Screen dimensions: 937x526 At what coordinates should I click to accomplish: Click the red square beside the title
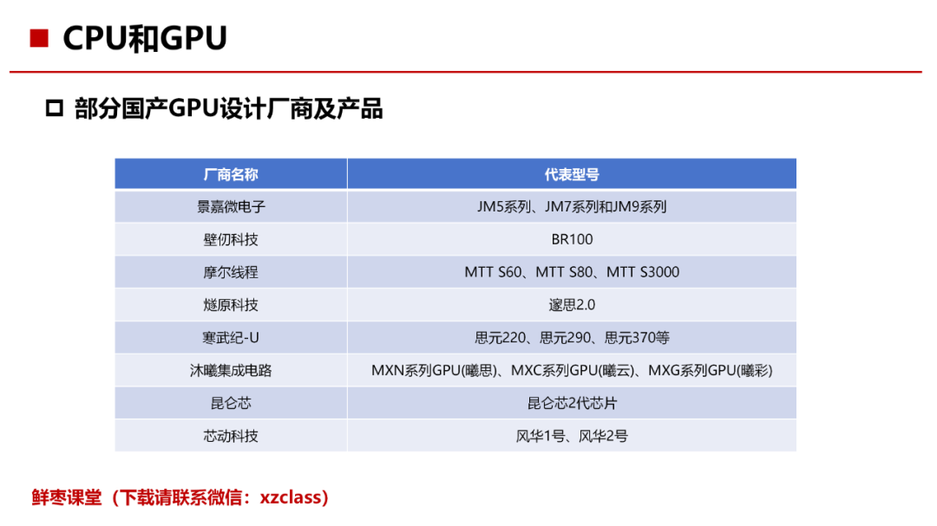pos(39,38)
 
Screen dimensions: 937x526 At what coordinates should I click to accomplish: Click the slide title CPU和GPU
pos(145,38)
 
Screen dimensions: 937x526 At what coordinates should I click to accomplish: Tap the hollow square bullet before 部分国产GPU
pos(55,108)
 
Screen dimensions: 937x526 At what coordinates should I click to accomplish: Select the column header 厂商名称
pos(231,174)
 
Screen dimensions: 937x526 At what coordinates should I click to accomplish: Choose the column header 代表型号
pos(572,174)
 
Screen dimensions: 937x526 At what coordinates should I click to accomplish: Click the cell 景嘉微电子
pos(231,206)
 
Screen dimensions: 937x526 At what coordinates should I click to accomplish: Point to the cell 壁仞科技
pos(231,239)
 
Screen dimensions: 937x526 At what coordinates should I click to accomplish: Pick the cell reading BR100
pos(572,239)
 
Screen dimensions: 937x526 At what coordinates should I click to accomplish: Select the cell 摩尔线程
pos(231,272)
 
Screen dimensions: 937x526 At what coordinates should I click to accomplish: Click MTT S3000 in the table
pos(643,272)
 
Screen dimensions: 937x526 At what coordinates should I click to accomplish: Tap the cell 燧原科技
pos(231,305)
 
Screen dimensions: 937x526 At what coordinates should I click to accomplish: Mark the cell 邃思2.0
pos(572,305)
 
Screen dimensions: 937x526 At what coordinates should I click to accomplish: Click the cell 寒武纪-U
pos(231,338)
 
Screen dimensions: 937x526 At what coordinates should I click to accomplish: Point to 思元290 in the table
pos(566,338)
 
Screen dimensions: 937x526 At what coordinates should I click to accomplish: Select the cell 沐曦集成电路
pos(231,371)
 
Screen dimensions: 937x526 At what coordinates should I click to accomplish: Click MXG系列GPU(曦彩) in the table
pos(711,371)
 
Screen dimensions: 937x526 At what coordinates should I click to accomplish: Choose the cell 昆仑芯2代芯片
pos(572,404)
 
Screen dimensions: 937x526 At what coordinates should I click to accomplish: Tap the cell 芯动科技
pos(231,437)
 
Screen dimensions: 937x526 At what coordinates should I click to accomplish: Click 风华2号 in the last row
pos(604,437)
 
